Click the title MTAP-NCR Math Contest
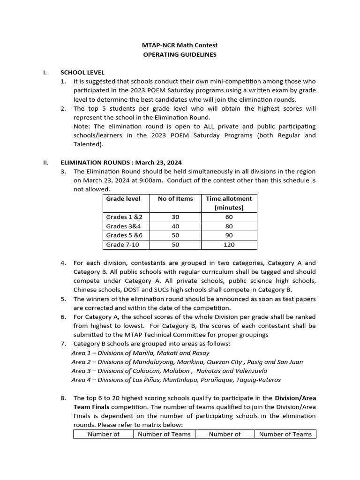180,45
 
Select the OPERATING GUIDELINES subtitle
180,54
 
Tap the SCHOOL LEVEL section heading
82,73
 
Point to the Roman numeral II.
46,163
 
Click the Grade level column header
123,199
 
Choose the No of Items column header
175,199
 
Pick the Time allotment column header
229,203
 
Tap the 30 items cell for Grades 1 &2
175,217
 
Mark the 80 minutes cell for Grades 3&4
229,226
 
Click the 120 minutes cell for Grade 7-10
229,245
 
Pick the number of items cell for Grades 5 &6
175,235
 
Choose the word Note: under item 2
82,127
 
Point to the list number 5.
63,299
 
